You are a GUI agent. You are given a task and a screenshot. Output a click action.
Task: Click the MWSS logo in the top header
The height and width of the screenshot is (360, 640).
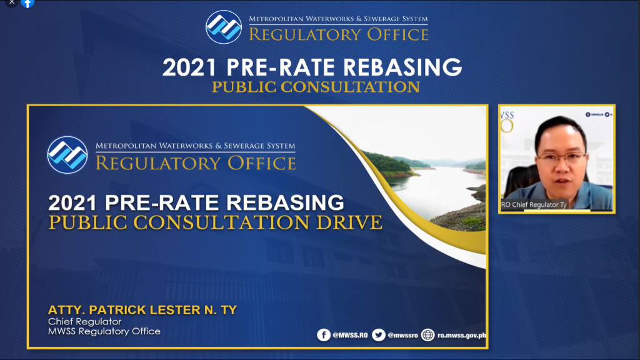[x=224, y=27]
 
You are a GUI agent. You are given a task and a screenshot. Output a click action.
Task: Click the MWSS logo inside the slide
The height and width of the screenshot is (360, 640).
[x=67, y=155]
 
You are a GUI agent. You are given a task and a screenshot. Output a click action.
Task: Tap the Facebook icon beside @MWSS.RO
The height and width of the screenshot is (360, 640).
[x=324, y=335]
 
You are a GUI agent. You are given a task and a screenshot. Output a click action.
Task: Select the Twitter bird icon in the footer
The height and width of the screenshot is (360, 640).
[x=378, y=335]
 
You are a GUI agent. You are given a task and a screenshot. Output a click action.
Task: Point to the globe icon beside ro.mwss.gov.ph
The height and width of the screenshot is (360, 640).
[x=427, y=335]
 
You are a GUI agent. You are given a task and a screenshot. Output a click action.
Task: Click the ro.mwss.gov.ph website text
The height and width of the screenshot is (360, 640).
[x=462, y=336]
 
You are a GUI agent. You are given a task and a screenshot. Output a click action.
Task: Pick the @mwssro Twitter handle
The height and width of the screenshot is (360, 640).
[x=402, y=336]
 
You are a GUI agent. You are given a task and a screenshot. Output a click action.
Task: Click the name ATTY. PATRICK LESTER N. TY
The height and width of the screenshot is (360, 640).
[x=142, y=310]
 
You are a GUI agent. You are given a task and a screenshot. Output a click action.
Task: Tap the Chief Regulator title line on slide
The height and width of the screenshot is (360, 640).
[x=84, y=322]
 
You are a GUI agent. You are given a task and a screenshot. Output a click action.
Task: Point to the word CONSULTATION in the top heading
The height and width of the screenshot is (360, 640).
[x=350, y=87]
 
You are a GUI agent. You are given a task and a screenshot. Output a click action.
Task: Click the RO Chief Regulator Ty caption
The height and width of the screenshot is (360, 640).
[x=534, y=204]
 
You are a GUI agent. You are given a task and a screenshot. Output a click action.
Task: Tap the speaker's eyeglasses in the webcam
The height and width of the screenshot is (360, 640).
[x=563, y=158]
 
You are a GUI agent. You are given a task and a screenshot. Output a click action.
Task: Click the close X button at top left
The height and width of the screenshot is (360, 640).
[x=12, y=2]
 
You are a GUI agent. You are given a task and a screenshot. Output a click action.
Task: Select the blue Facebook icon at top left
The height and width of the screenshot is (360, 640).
[x=27, y=3]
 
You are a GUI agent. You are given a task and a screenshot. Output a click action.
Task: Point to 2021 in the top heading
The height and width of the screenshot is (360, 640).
[x=189, y=67]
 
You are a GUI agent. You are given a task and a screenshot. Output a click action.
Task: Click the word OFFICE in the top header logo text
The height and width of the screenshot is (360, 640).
[x=398, y=35]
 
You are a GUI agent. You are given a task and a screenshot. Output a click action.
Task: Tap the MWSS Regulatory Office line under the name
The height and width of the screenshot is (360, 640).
[x=104, y=331]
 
